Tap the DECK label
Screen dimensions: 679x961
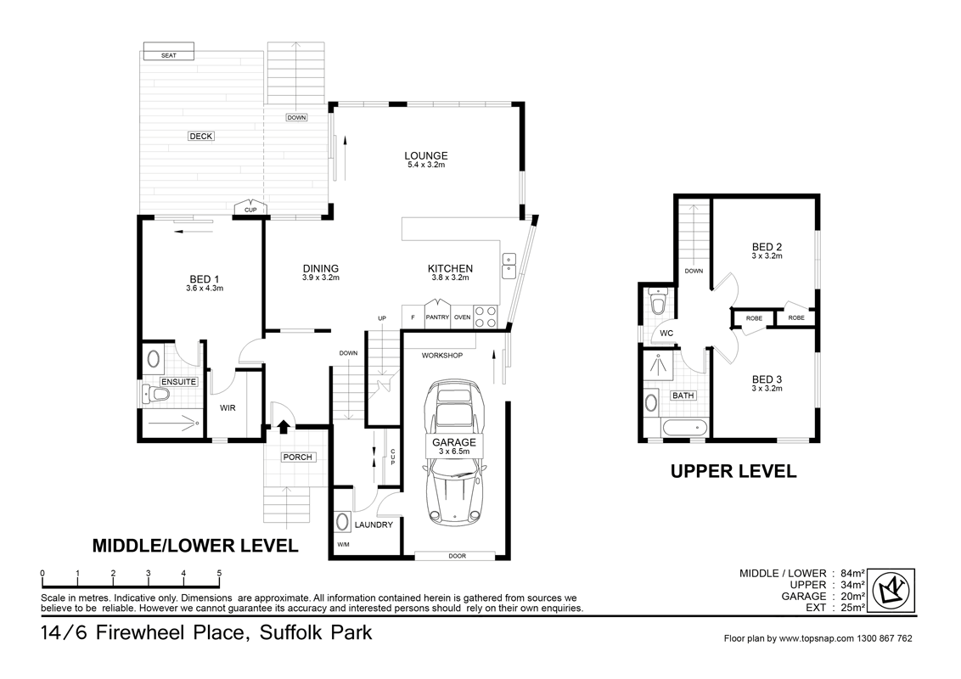pyautogui.click(x=201, y=136)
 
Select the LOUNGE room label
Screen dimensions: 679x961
pyautogui.click(x=425, y=155)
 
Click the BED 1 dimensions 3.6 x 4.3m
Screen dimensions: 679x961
pyautogui.click(x=204, y=289)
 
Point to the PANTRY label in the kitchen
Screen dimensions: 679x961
pyautogui.click(x=437, y=317)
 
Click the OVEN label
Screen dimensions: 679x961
pyautogui.click(x=462, y=317)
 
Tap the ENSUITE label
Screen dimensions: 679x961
pyautogui.click(x=178, y=382)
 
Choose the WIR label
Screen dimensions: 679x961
pyautogui.click(x=228, y=408)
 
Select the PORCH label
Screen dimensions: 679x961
pyautogui.click(x=298, y=457)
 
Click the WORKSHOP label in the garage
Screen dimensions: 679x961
pyautogui.click(x=442, y=356)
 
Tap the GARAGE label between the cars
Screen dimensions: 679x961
pyautogui.click(x=454, y=442)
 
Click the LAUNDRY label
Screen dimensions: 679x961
pyautogui.click(x=374, y=525)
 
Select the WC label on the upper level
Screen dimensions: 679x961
pyautogui.click(x=666, y=334)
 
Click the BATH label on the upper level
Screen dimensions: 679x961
pyautogui.click(x=683, y=396)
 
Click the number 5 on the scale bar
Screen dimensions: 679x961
pyautogui.click(x=219, y=574)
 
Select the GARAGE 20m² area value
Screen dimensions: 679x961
pyautogui.click(x=851, y=597)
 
